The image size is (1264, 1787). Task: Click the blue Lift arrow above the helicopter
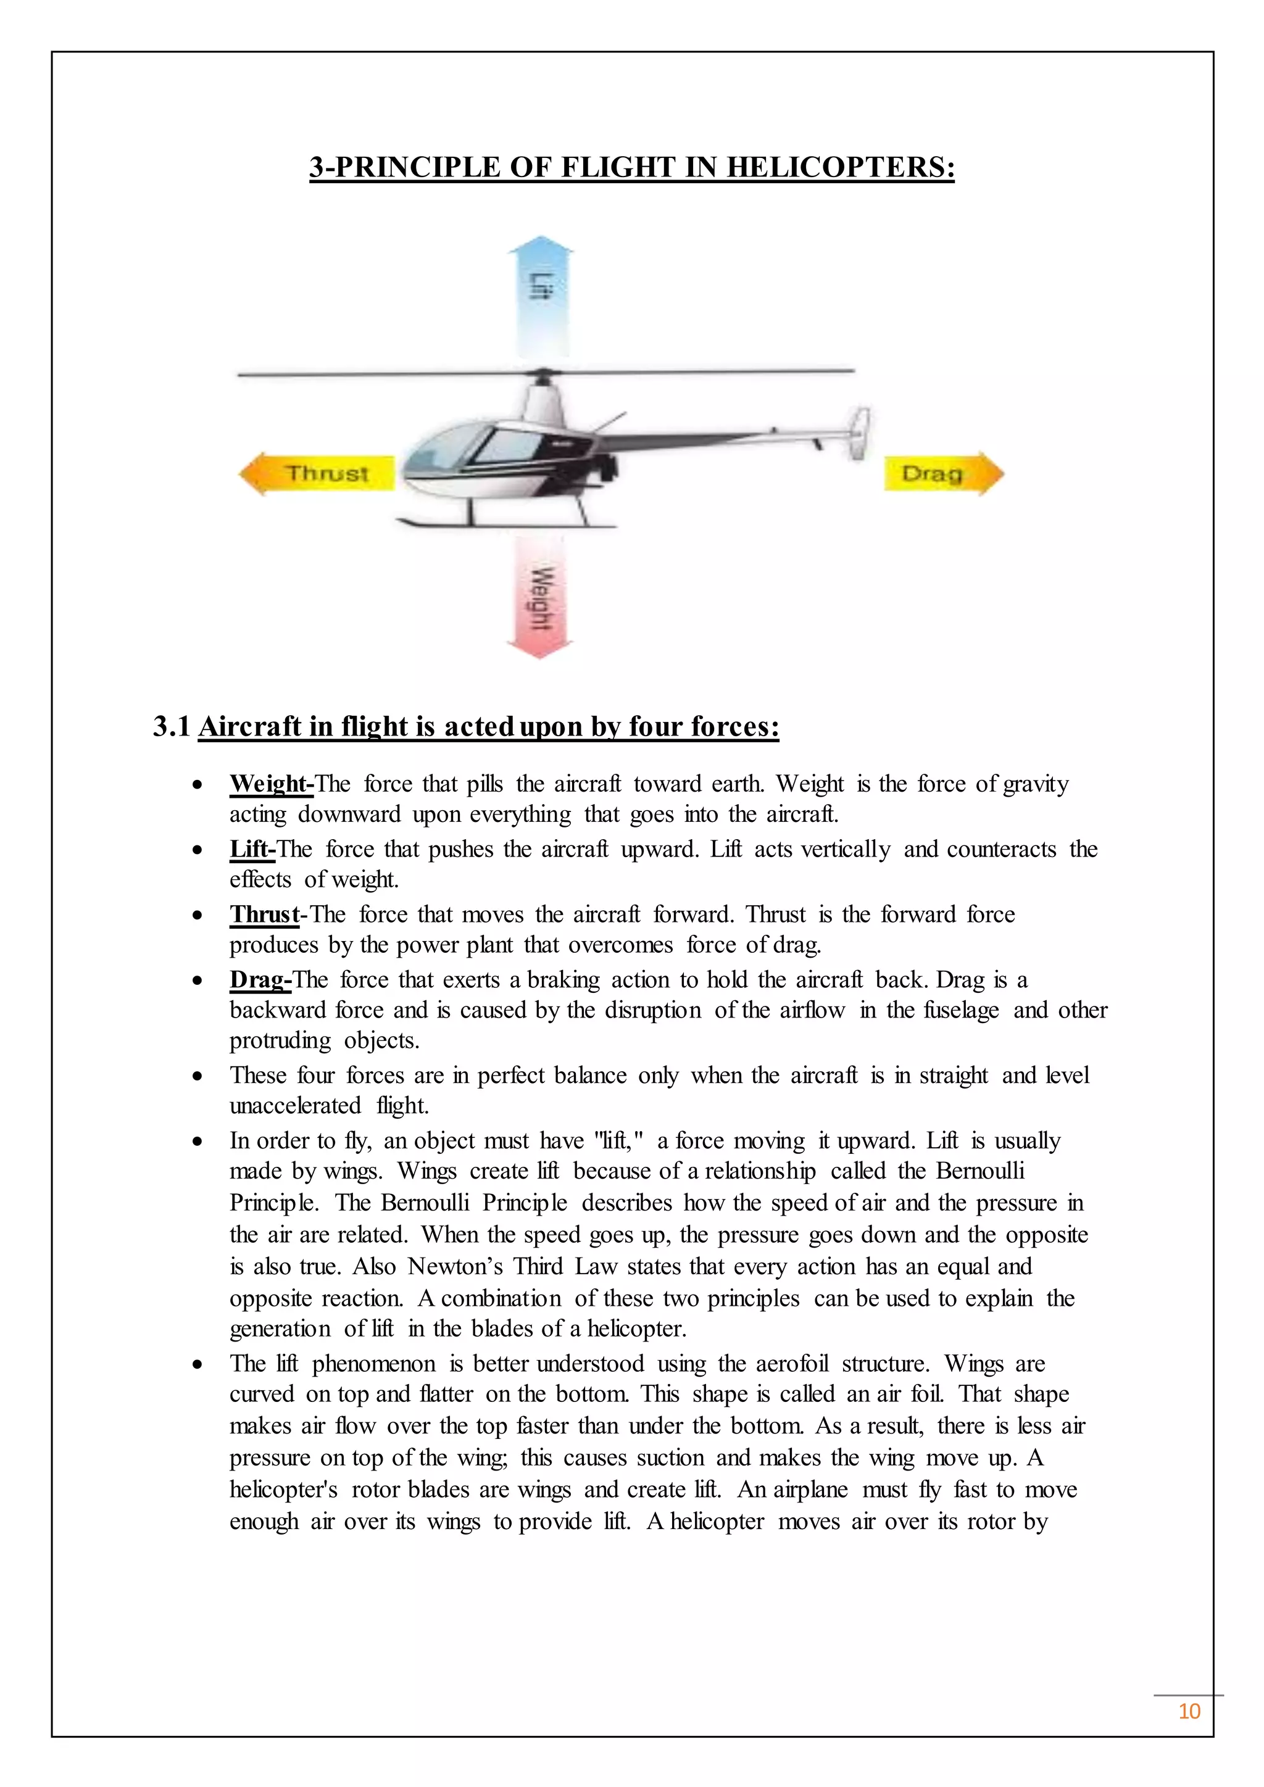pos(540,300)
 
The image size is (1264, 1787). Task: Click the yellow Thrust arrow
pos(319,473)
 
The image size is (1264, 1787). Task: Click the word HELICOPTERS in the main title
pos(840,167)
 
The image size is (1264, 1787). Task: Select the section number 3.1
pos(171,726)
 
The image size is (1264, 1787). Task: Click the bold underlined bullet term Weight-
pos(271,783)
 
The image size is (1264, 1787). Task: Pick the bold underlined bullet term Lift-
pos(252,848)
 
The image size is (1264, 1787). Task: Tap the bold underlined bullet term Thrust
pos(264,914)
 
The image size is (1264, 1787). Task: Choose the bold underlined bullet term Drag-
pos(260,979)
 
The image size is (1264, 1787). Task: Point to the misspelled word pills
pos(484,783)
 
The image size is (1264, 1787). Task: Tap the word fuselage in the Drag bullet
pos(961,1010)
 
